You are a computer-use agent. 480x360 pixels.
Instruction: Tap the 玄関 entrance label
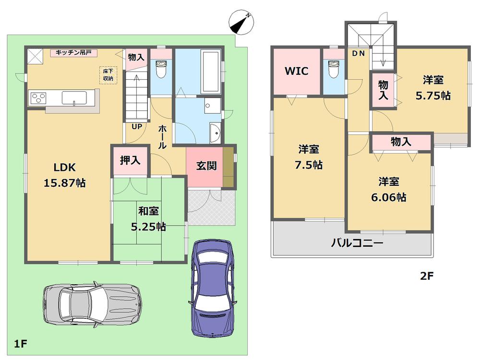click(206, 166)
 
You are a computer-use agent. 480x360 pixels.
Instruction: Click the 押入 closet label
click(130, 160)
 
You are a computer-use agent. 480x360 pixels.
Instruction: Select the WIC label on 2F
click(296, 72)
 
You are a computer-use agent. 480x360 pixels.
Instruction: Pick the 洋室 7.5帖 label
click(309, 157)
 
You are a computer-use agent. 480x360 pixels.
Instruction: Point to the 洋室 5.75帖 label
click(432, 87)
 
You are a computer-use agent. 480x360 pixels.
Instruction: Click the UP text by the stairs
click(137, 127)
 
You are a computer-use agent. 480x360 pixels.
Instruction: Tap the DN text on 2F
click(359, 54)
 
